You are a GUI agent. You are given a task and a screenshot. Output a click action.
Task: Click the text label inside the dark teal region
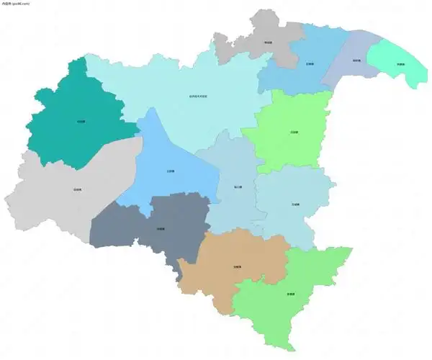point(81,121)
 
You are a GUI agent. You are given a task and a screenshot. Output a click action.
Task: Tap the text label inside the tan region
point(237,267)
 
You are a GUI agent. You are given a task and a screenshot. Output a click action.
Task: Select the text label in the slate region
point(161,229)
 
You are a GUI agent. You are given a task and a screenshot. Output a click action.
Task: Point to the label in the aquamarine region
point(400,64)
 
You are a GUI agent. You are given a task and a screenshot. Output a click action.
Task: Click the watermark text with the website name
point(15,4)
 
